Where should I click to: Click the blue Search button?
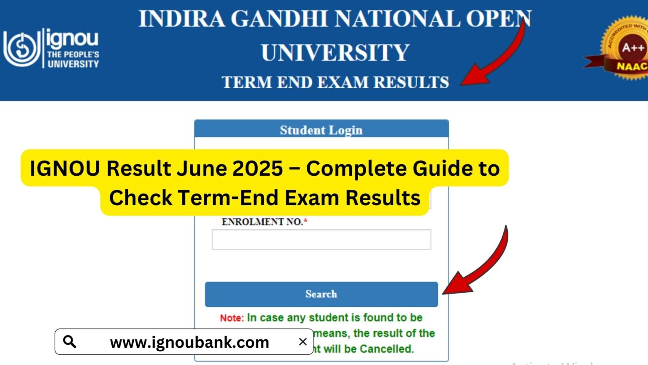321,294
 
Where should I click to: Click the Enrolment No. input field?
321,240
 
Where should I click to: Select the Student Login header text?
321,130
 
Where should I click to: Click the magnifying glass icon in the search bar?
70,341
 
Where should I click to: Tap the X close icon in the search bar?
302,342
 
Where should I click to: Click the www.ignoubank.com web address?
189,342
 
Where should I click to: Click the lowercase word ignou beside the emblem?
72,39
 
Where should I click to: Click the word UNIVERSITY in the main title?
335,53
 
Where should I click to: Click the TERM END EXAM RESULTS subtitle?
335,82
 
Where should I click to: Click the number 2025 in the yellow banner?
258,169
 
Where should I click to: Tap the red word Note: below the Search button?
232,318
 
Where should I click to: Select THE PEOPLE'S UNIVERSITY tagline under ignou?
73,59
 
